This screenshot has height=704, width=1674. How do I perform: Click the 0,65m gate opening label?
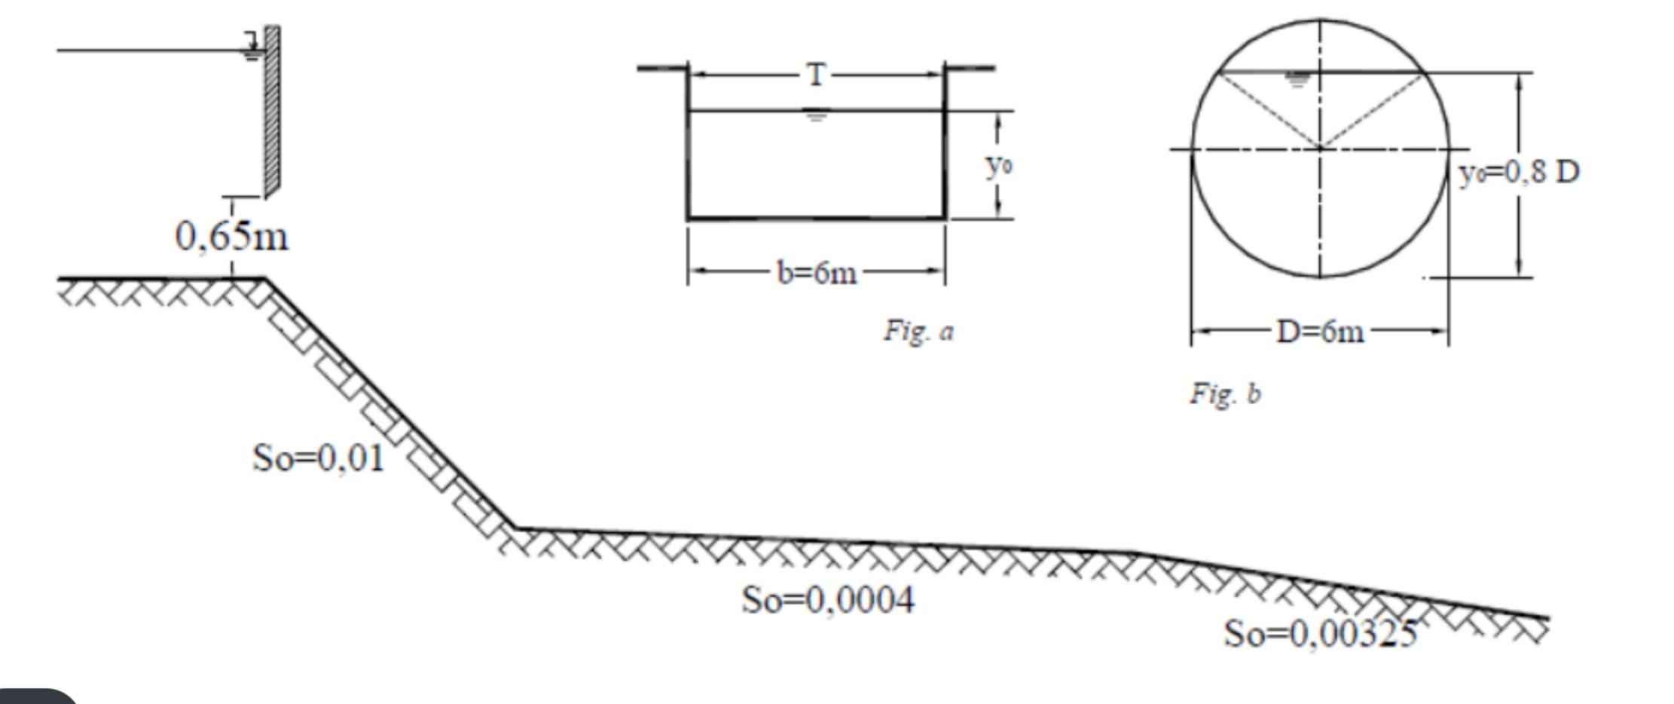(231, 237)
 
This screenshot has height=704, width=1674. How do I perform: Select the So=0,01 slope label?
(318, 458)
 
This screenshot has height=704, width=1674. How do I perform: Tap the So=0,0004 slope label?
(828, 601)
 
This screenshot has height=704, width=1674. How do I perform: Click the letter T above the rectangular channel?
(817, 75)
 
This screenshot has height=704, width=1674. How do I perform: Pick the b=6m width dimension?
(817, 273)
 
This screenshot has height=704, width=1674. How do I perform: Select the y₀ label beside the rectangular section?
(999, 164)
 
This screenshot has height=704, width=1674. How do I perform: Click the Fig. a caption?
(918, 331)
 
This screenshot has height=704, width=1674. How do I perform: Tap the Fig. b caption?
(1225, 393)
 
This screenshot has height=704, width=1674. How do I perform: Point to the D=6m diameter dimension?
(1320, 332)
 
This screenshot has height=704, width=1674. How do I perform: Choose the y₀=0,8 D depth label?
(1519, 173)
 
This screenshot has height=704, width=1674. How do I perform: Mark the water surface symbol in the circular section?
(1297, 79)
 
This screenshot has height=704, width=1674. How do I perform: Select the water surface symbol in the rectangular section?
(815, 116)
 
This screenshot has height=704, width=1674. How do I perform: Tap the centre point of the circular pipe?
(1320, 148)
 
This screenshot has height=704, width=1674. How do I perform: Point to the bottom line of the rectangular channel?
(817, 219)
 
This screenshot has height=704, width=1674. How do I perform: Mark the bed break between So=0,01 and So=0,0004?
(516, 528)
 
